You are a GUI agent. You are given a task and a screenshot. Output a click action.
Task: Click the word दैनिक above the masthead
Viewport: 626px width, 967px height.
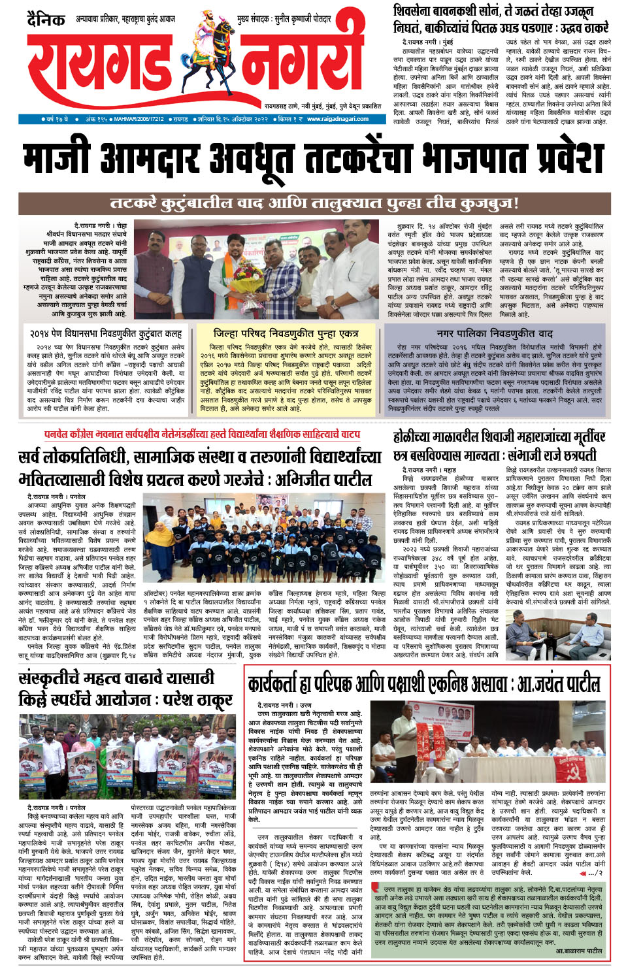click(x=46, y=19)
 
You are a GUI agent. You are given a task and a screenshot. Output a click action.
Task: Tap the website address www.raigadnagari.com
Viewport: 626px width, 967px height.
click(x=338, y=119)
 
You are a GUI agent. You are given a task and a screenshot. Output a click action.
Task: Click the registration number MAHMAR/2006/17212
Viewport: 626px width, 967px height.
click(x=139, y=120)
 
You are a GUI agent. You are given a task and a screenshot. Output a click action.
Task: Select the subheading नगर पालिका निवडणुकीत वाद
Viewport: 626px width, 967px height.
click(x=495, y=333)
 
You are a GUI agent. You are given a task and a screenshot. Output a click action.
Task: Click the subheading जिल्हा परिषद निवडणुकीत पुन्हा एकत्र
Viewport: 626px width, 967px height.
click(x=286, y=333)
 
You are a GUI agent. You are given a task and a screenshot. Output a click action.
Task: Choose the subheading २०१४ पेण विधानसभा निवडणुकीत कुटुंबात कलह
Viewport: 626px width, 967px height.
click(x=106, y=333)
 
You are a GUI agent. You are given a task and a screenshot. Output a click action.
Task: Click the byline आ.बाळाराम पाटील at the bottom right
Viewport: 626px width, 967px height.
click(x=574, y=951)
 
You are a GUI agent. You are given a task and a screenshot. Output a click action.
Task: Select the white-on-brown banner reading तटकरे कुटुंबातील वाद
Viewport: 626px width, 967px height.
click(x=314, y=203)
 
